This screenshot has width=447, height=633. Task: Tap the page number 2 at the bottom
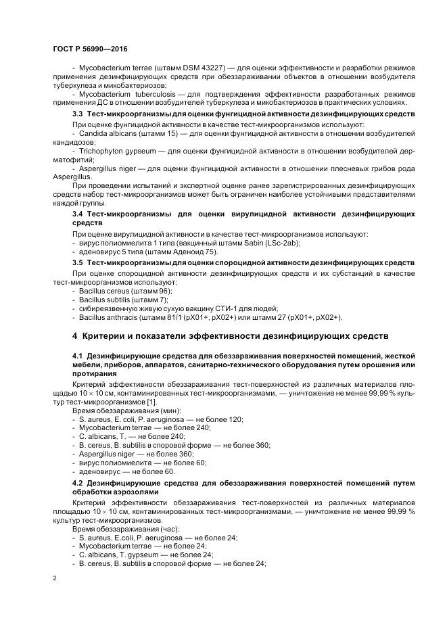click(55, 578)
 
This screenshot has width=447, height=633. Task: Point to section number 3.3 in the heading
click(78, 115)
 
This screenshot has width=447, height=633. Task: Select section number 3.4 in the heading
click(78, 214)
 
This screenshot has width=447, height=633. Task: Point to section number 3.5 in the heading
click(78, 262)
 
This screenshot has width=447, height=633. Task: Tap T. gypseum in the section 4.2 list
click(135, 554)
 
